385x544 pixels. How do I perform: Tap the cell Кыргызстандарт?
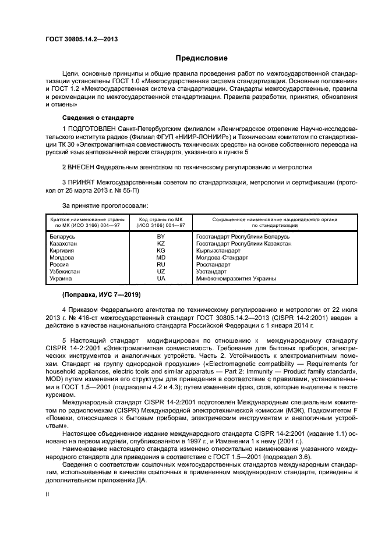tap(218, 251)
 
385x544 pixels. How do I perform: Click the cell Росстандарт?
tap(214, 265)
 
